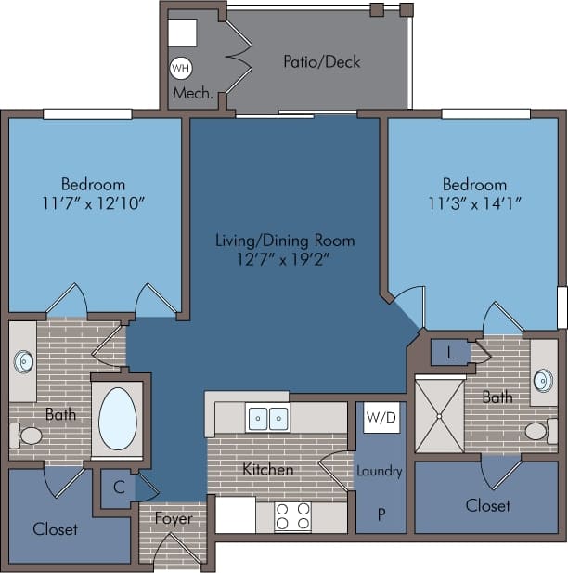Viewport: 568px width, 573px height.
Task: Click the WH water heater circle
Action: click(179, 68)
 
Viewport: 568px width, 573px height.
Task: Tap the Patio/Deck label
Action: click(321, 62)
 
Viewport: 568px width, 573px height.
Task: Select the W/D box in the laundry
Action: click(381, 418)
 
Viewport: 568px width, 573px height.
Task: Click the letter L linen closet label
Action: click(451, 354)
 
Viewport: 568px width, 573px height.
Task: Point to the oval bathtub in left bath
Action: click(117, 419)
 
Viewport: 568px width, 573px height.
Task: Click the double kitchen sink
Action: click(270, 419)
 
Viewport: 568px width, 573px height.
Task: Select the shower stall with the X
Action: click(439, 414)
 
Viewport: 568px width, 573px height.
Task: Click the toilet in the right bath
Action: click(537, 431)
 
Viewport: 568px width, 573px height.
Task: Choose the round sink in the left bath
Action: click(22, 360)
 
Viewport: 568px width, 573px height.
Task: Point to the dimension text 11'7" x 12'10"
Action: click(93, 202)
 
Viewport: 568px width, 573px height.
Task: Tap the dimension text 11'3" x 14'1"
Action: click(474, 202)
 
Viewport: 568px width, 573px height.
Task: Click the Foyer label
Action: click(174, 518)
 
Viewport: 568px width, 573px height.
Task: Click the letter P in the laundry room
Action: click(381, 514)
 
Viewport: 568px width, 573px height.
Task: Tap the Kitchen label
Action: click(268, 470)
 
